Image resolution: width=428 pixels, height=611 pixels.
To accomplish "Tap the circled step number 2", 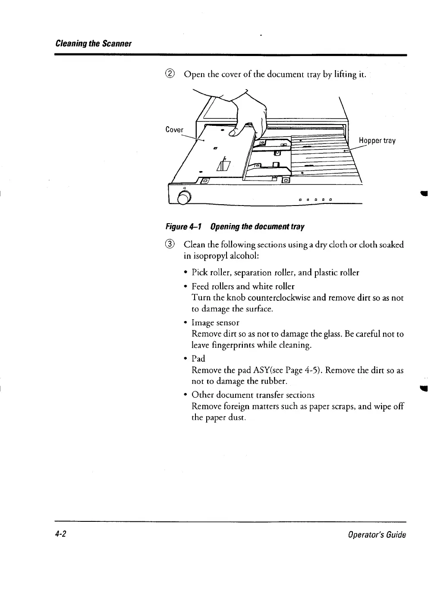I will tap(170, 74).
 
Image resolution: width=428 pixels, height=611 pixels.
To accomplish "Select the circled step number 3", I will tap(170, 245).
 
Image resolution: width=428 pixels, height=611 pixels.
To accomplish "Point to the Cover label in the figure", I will tap(174, 130).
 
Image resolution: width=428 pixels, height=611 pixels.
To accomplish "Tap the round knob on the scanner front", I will tap(183, 199).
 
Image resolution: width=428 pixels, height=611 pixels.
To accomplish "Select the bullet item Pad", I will tap(198, 358).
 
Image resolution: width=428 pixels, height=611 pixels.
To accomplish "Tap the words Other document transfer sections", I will tap(253, 395).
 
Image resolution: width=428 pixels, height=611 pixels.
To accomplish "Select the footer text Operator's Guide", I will tap(377, 535).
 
